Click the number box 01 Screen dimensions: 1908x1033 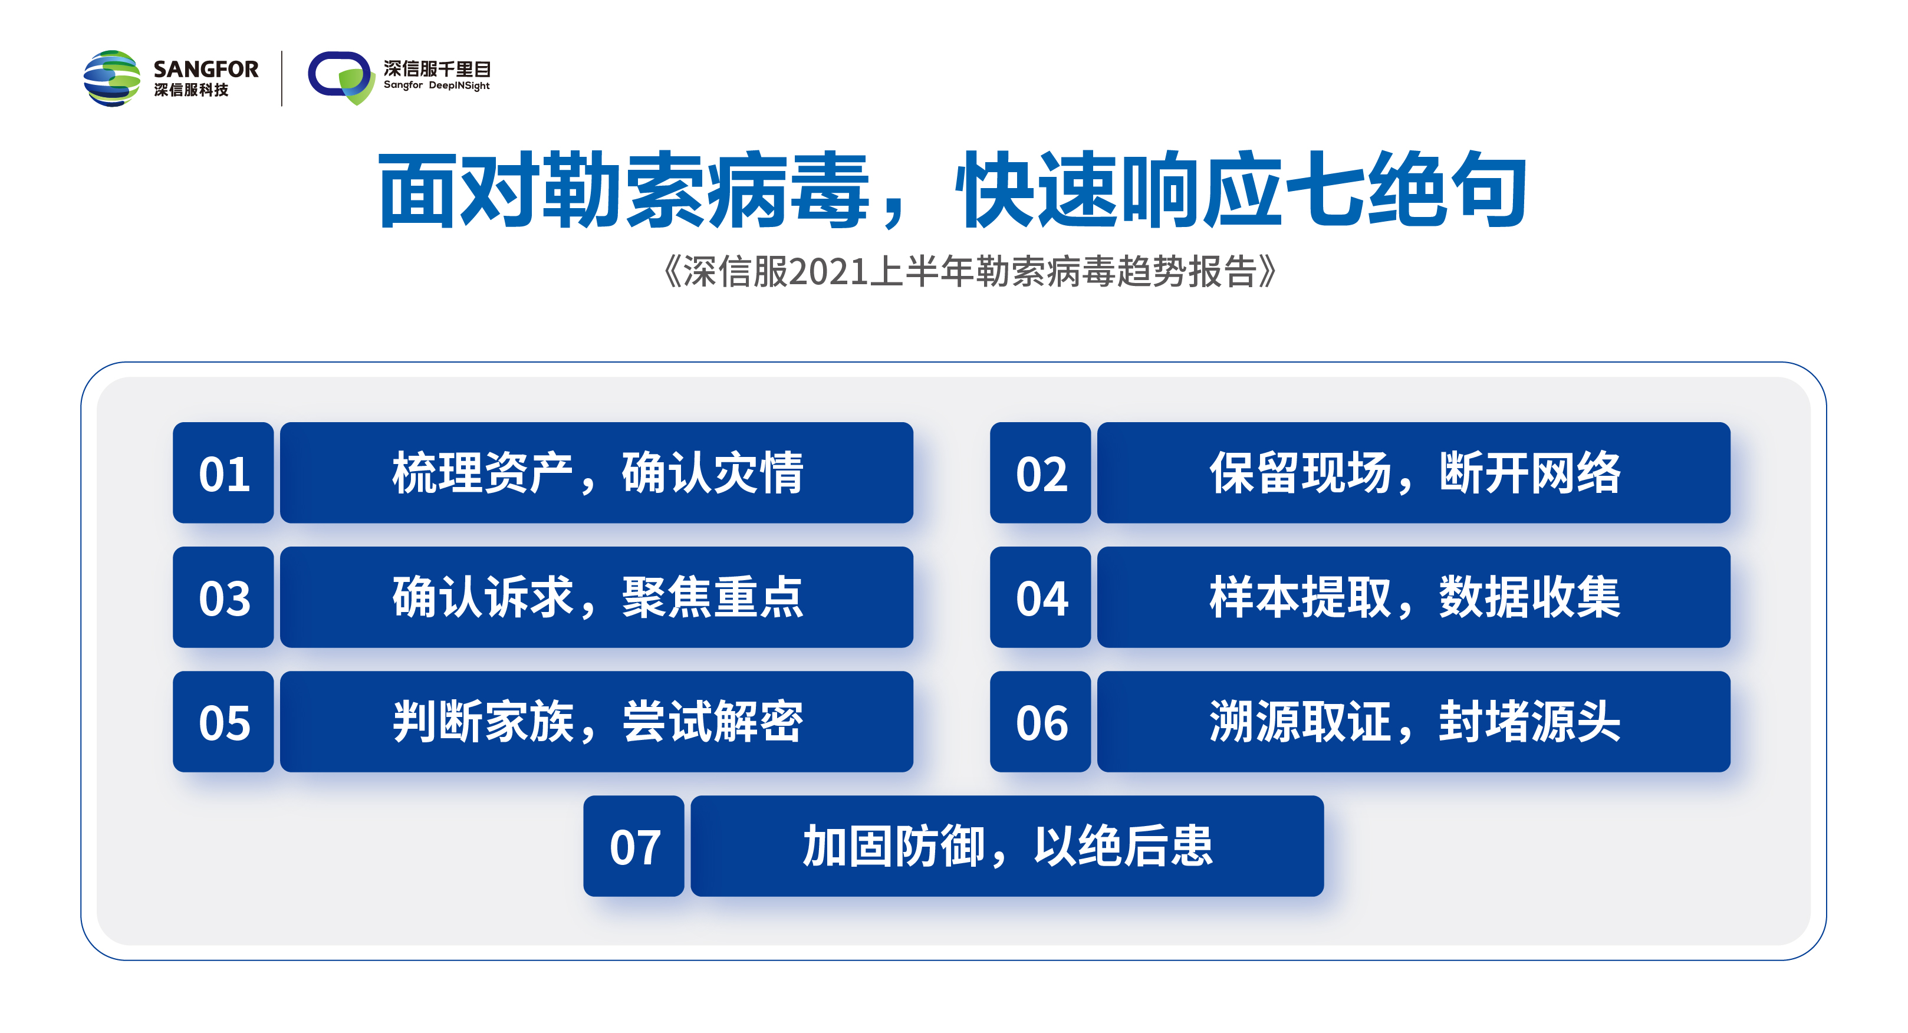click(223, 472)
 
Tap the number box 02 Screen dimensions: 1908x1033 click(1040, 472)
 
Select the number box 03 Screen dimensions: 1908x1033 click(223, 597)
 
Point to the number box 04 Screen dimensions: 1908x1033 click(1040, 597)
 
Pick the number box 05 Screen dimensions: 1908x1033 click(223, 721)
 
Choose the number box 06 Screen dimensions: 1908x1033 click(1040, 721)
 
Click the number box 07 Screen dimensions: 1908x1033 click(633, 846)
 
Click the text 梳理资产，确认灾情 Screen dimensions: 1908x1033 click(598, 472)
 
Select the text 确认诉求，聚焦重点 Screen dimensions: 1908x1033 click(598, 597)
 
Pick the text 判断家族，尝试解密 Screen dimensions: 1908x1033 click(598, 721)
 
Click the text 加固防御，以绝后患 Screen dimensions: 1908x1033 click(1008, 846)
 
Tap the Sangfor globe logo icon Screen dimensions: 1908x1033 click(112, 78)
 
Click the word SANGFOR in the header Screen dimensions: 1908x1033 click(206, 69)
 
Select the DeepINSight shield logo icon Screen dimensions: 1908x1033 click(341, 78)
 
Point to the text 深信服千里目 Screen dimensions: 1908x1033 click(437, 68)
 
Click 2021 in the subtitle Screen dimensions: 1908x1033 click(828, 272)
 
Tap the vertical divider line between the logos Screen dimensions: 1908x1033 click(282, 78)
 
